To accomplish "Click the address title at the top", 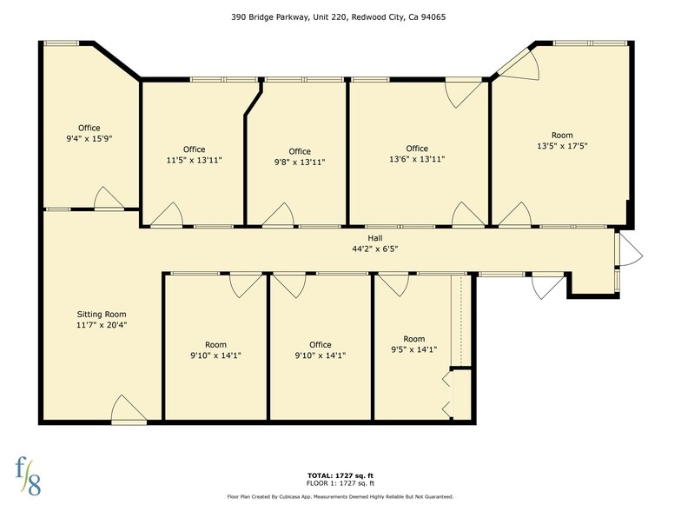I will point(340,16).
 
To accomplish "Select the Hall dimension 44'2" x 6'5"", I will point(374,249).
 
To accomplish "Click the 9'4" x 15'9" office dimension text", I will point(89,139).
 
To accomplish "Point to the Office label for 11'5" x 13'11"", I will point(194,149).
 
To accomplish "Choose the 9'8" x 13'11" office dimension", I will point(300,163).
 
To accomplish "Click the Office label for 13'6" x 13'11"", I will point(416,149).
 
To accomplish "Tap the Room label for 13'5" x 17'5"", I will point(562,135).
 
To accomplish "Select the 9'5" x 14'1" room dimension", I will point(413,350).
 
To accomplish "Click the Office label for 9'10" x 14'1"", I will point(321,344).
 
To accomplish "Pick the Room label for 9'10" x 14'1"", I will point(215,344).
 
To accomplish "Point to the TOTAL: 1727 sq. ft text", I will point(340,475).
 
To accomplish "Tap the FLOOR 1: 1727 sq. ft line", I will point(340,483).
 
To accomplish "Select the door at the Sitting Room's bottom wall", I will point(129,412).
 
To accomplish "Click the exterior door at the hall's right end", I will point(627,253).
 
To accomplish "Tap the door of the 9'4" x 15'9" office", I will point(109,199).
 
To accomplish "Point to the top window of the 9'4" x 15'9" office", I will point(62,43).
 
